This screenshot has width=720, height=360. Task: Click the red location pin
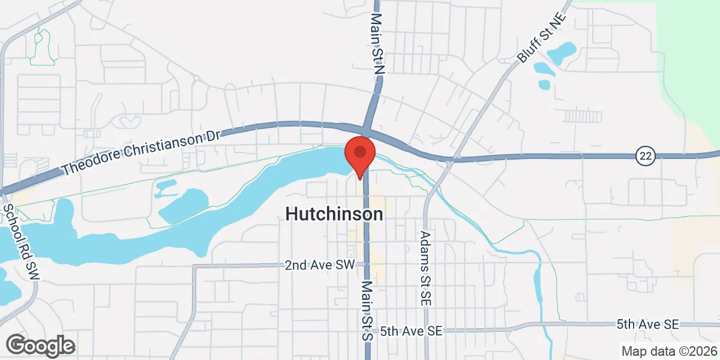359,154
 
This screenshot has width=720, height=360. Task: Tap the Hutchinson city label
334,214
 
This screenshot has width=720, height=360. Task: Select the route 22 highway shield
645,156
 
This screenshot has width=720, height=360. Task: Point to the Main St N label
377,45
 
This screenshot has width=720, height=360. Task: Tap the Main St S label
367,311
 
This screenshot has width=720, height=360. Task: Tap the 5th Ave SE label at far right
647,325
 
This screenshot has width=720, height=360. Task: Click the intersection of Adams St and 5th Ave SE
426,331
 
